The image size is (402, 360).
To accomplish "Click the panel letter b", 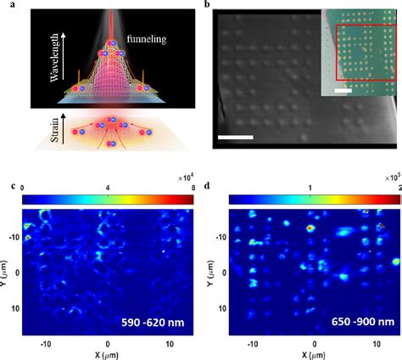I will click(209, 5).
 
